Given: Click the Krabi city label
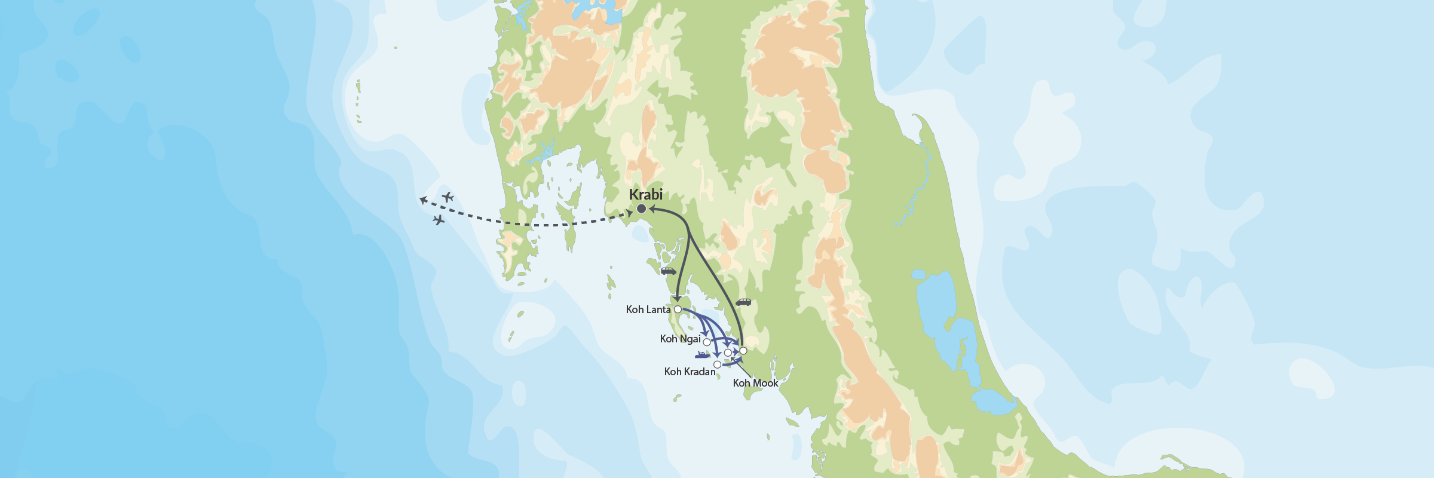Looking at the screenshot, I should tap(645, 194).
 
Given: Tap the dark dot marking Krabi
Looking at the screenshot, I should tap(641, 209).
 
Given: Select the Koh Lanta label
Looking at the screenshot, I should tap(648, 310).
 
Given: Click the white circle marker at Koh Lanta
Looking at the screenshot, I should tap(678, 310).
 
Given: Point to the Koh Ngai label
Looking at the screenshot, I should tap(680, 339).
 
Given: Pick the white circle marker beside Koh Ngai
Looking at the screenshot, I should tap(707, 342).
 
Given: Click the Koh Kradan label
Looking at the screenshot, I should tap(690, 372).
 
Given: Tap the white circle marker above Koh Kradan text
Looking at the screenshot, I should tap(717, 364).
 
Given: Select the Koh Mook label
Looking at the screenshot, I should tap(755, 383).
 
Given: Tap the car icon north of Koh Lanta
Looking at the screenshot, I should tap(668, 271).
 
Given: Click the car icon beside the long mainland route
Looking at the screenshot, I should tap(743, 302).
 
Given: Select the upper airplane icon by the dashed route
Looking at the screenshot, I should tap(448, 197).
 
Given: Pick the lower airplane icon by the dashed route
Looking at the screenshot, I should tap(439, 220).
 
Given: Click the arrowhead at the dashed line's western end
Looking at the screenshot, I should tap(422, 200).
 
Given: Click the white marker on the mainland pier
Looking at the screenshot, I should tap(743, 351).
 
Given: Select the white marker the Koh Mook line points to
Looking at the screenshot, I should tap(727, 353).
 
